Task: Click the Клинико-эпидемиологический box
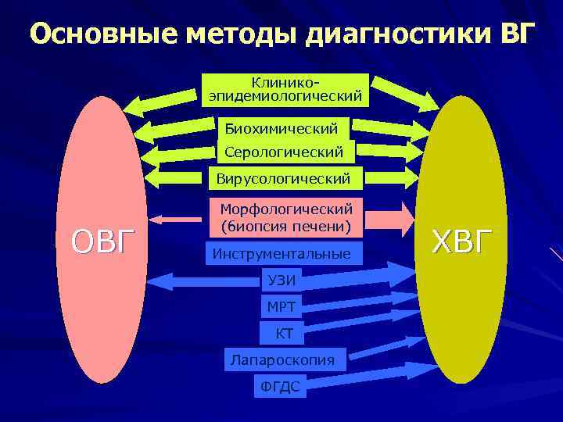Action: coord(285,89)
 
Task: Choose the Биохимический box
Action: coord(281,127)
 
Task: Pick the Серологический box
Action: coord(284,152)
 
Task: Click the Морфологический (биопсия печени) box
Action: coord(286,218)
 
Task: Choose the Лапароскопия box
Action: coord(282,359)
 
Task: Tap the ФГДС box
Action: coord(280,385)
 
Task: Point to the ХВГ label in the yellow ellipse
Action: coord(463,241)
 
